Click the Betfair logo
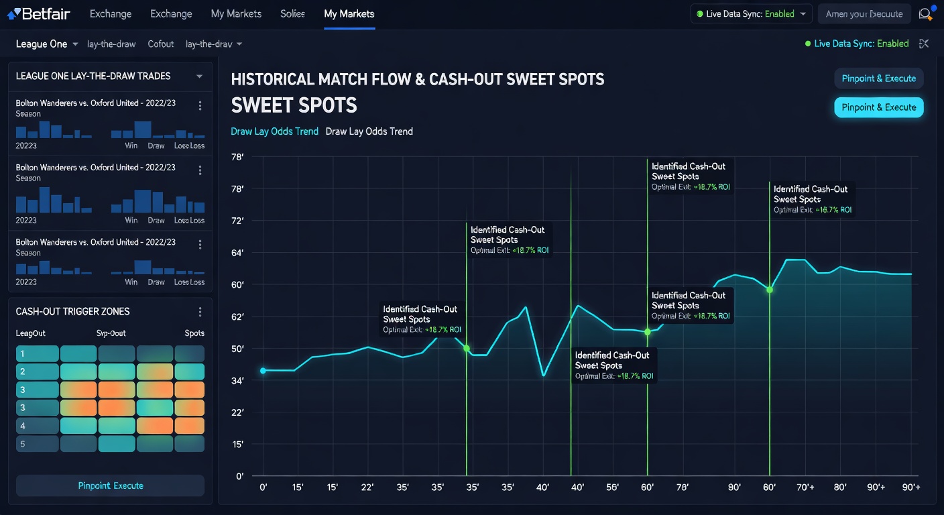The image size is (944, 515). pyautogui.click(x=38, y=13)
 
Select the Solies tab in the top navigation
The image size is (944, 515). pyautogui.click(x=292, y=13)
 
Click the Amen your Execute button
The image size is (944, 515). pyautogui.click(x=864, y=14)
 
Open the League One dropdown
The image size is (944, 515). pyautogui.click(x=47, y=44)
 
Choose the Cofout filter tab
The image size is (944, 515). pyautogui.click(x=160, y=44)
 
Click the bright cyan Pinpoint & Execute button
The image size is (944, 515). pyautogui.click(x=878, y=107)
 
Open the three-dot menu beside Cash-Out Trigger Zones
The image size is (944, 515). pyautogui.click(x=200, y=312)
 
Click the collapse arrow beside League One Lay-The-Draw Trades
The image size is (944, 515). pyautogui.click(x=199, y=76)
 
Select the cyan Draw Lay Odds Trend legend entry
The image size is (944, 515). pyautogui.click(x=274, y=131)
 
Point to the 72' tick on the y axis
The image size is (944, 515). pyautogui.click(x=237, y=221)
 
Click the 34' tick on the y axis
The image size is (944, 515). pyautogui.click(x=237, y=380)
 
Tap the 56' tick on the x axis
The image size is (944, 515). pyautogui.click(x=612, y=488)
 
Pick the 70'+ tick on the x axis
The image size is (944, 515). pyautogui.click(x=805, y=488)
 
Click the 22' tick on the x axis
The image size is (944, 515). pyautogui.click(x=367, y=488)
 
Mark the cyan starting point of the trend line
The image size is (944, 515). pyautogui.click(x=263, y=371)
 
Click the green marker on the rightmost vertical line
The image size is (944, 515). pyautogui.click(x=770, y=289)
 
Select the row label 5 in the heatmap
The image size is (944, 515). pyautogui.click(x=22, y=443)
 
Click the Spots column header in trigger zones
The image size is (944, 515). pyautogui.click(x=194, y=333)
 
